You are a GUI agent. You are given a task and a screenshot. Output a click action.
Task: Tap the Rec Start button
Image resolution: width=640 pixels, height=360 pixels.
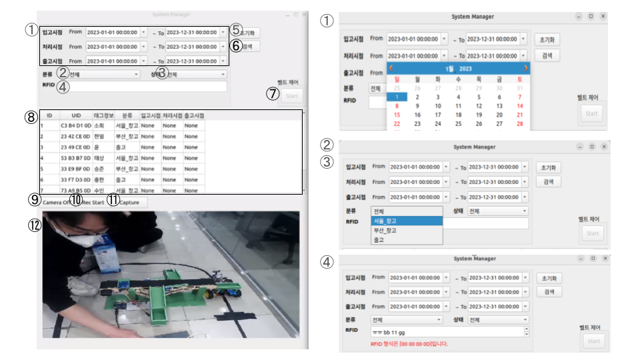pos(93,202)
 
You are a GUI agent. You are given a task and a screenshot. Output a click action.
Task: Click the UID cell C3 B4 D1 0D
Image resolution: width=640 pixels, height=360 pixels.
pos(75,125)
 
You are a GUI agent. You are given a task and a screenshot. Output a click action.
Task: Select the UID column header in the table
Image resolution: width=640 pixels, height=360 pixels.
pos(75,115)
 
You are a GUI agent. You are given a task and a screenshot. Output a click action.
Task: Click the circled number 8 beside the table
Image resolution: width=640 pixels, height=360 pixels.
pos(31,117)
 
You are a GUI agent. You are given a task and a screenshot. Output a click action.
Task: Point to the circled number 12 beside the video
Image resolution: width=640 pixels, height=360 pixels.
pos(34,225)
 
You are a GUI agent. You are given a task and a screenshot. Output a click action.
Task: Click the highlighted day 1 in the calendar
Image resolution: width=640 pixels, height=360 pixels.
pos(397,97)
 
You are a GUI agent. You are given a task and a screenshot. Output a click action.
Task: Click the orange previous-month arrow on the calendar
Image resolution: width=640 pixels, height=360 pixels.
pos(391,68)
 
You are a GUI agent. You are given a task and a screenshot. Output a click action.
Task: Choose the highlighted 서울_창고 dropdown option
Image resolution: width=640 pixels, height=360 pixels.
pos(407,221)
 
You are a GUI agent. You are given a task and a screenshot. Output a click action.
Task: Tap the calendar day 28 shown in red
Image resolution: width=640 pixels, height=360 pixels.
pos(520,123)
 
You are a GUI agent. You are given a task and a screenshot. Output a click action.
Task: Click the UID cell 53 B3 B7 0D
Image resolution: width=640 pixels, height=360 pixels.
pos(75,158)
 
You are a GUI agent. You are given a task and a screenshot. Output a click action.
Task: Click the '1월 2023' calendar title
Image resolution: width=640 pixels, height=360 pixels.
pos(458,68)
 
